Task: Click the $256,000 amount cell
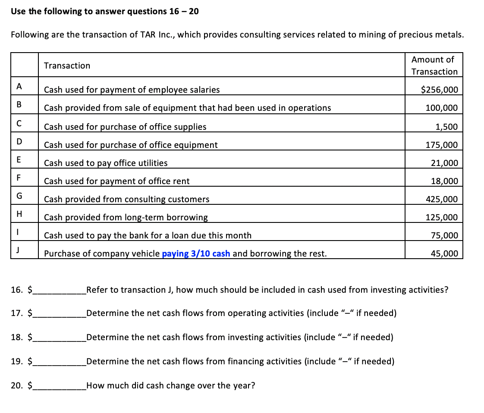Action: (439, 90)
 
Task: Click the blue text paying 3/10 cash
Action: (196, 253)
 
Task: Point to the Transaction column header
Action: (67, 66)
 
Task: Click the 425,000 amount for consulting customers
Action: (441, 199)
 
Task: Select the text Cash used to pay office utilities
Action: (106, 163)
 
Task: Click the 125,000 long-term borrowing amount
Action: (441, 217)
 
